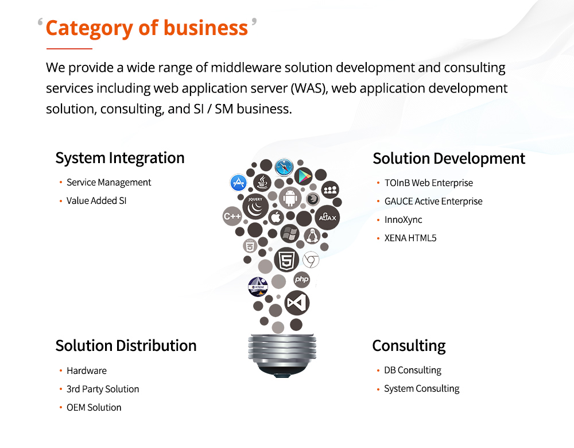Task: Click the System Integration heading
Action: pos(120,159)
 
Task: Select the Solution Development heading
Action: pos(449,159)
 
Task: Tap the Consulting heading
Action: pos(409,346)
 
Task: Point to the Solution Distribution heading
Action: pos(126,345)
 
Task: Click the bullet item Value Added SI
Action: pos(96,201)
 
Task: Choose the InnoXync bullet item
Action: pos(403,220)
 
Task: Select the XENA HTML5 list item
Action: pos(410,238)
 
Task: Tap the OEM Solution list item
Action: pos(94,407)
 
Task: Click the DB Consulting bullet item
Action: pos(413,370)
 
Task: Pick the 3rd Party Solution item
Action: pos(103,389)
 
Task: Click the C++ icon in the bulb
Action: pos(232,216)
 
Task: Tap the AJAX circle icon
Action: pos(327,218)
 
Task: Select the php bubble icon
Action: pos(302,279)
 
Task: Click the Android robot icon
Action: pos(290,198)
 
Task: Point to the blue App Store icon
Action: pos(238,183)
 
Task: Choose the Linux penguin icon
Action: pos(312,236)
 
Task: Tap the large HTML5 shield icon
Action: pos(286,260)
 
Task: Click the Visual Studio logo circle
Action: pos(297,303)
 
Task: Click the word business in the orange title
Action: pos(205,28)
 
